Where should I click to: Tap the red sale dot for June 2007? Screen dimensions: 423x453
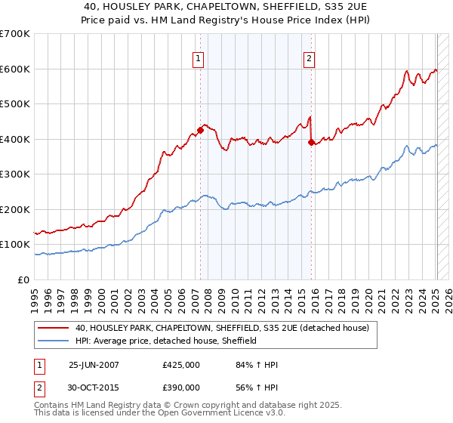coord(200,130)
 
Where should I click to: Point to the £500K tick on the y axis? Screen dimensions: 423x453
coord(15,104)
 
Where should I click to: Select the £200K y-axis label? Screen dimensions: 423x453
coord(15,210)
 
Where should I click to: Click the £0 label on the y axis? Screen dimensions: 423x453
coord(23,280)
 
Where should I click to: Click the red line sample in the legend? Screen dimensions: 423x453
coord(54,328)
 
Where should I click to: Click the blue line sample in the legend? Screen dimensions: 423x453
coord(54,341)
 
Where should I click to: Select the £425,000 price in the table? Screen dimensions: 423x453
coord(181,365)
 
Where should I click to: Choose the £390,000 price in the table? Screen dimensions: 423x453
coord(181,387)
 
